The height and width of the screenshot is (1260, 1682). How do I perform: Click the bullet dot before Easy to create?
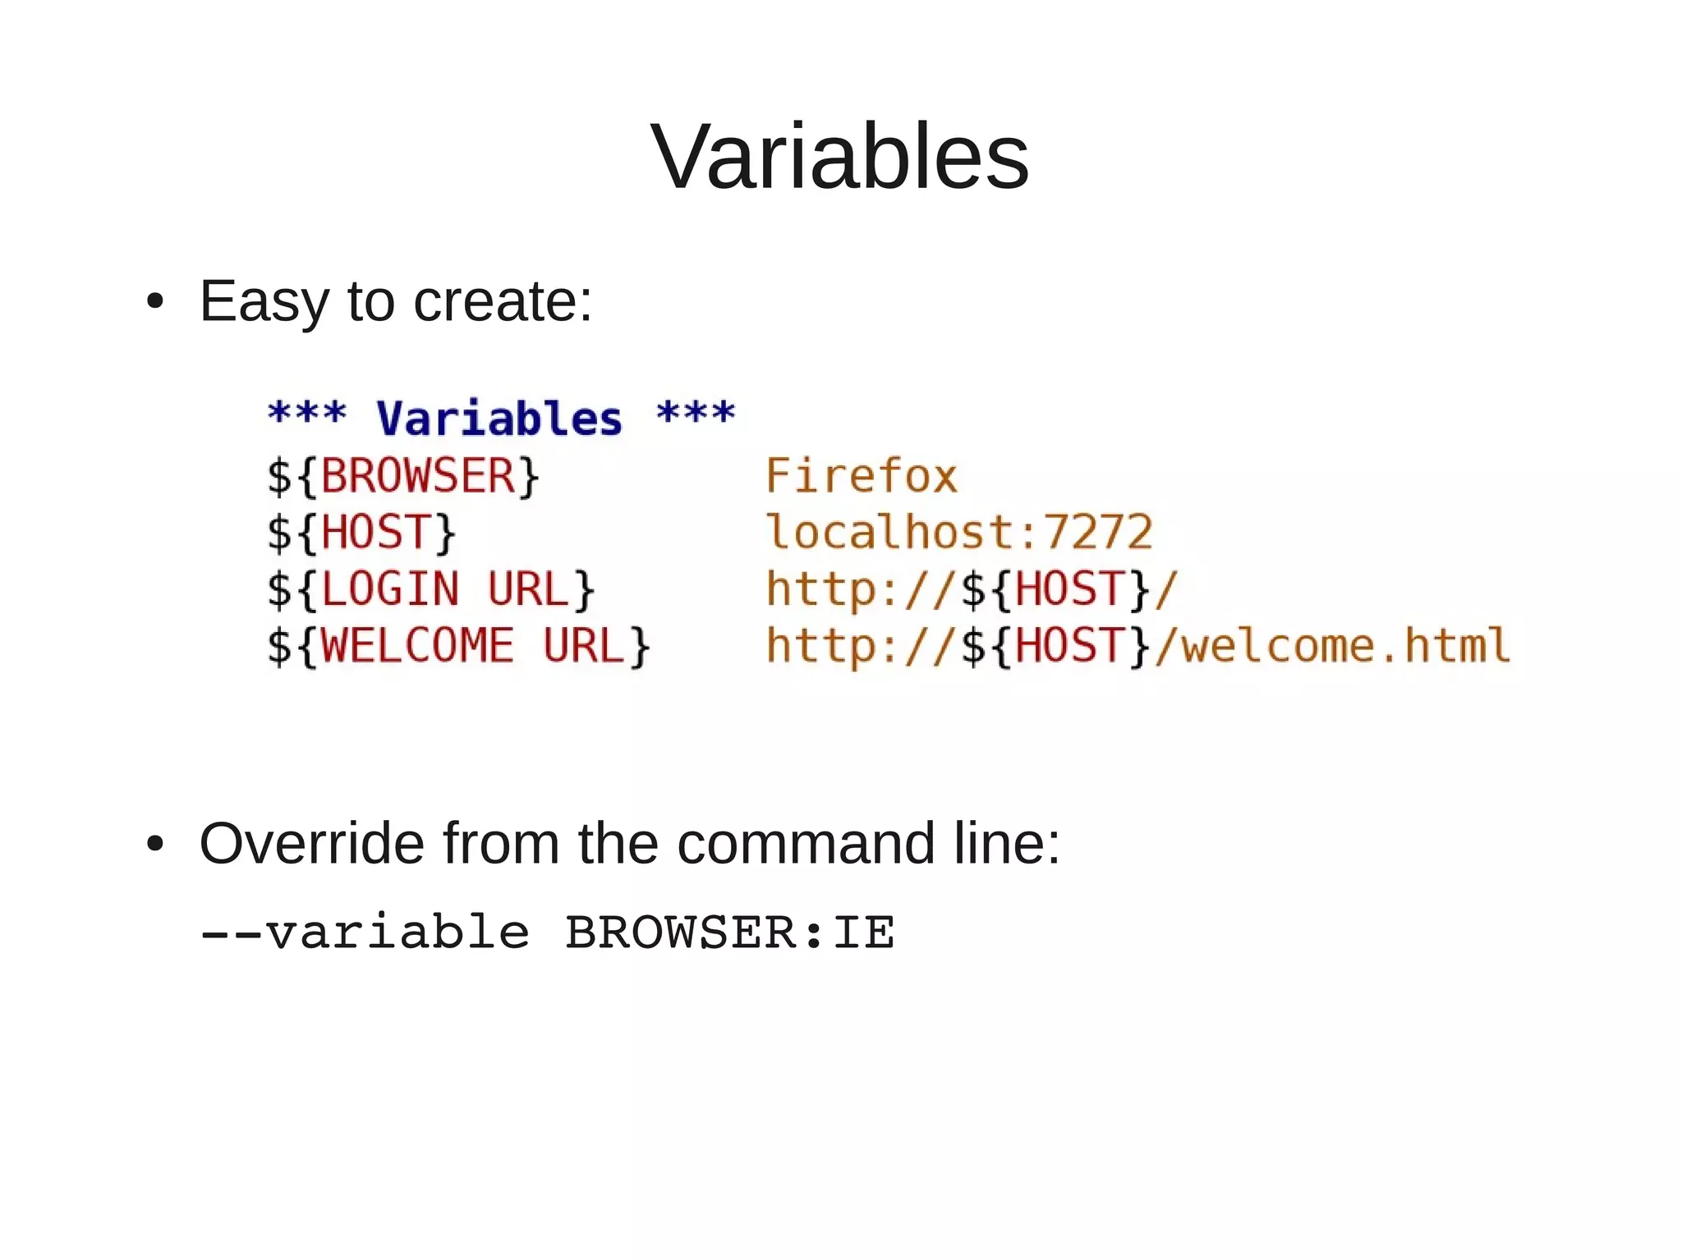coord(154,301)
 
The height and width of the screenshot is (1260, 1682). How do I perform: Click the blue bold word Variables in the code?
coord(499,418)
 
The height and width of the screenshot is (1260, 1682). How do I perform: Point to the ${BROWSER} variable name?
coord(403,476)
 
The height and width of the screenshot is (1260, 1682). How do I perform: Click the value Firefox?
coord(862,476)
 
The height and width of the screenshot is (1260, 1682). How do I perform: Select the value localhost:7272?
coord(959,532)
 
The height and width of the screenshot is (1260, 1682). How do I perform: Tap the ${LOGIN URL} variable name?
coord(431,589)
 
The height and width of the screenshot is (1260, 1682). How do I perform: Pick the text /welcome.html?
coord(1331,646)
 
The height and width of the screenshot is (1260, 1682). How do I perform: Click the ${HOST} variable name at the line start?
coord(361,532)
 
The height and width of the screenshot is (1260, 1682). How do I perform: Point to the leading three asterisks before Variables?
coord(307,413)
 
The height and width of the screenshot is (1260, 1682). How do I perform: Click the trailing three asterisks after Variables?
coord(696,413)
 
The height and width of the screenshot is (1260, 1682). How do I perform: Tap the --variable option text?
coord(365,932)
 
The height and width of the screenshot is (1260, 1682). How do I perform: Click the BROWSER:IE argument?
coord(729,932)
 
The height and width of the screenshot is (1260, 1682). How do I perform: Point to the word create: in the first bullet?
coord(503,301)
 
